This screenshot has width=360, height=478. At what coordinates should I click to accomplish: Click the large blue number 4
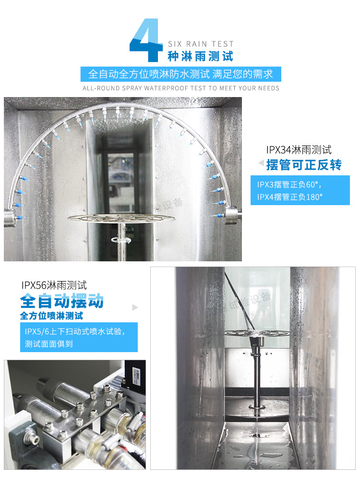(146, 41)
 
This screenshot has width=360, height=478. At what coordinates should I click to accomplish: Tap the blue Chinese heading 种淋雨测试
(201, 57)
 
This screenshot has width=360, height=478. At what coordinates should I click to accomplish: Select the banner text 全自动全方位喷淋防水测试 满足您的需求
(180, 74)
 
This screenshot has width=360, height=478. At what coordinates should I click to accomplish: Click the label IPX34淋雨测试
(299, 150)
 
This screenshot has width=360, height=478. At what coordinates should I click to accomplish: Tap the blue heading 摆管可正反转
(303, 165)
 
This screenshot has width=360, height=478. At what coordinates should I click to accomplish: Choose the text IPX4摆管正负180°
(290, 197)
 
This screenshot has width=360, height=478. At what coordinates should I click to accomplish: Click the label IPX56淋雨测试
(54, 285)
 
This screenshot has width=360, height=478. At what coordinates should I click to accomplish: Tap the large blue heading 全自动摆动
(62, 302)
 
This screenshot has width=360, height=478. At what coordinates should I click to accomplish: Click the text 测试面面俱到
(49, 344)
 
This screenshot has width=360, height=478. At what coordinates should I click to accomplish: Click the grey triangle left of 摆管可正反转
(261, 163)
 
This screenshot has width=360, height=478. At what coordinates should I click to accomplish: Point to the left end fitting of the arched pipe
(10, 216)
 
